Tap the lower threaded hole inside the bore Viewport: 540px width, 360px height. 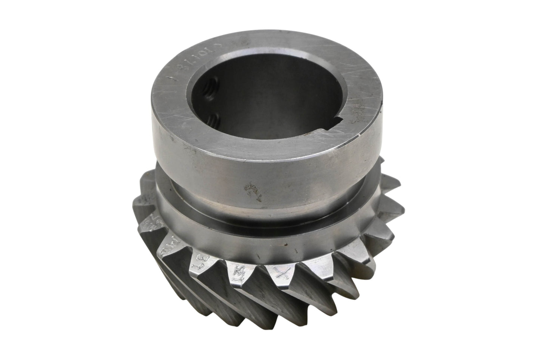tap(215, 120)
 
